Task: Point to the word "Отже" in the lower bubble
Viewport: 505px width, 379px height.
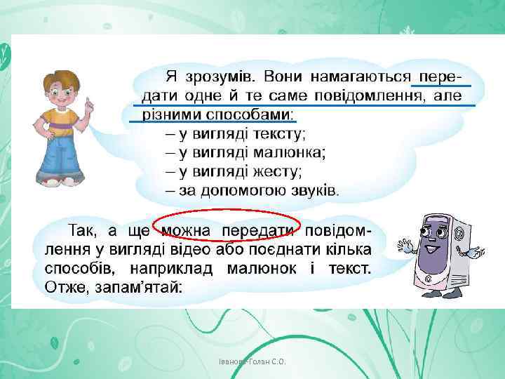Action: (x=66, y=287)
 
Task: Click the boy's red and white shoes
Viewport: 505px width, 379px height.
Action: (x=60, y=181)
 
